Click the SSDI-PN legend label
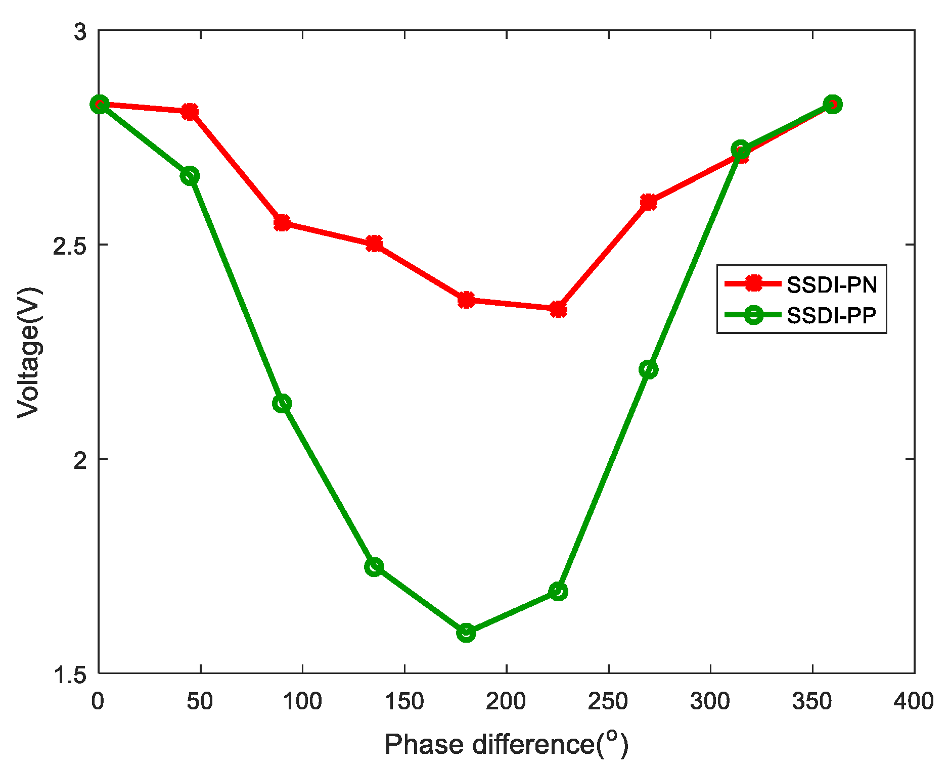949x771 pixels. [832, 285]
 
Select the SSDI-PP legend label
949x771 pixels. [832, 315]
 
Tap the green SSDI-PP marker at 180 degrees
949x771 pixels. [466, 632]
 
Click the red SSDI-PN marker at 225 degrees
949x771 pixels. [558, 309]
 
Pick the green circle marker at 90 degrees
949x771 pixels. [282, 403]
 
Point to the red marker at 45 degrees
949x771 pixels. [190, 112]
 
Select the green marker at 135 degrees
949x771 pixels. [374, 567]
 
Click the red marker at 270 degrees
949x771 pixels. [649, 203]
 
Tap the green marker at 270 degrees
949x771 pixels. [649, 370]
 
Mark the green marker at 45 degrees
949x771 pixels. [190, 176]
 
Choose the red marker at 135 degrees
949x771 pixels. [374, 244]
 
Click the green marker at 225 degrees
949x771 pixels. [558, 591]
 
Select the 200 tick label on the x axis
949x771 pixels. [506, 701]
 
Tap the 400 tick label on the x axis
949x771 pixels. [914, 701]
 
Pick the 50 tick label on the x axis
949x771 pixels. [200, 701]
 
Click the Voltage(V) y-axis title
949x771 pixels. [29, 352]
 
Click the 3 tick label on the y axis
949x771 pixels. [80, 32]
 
